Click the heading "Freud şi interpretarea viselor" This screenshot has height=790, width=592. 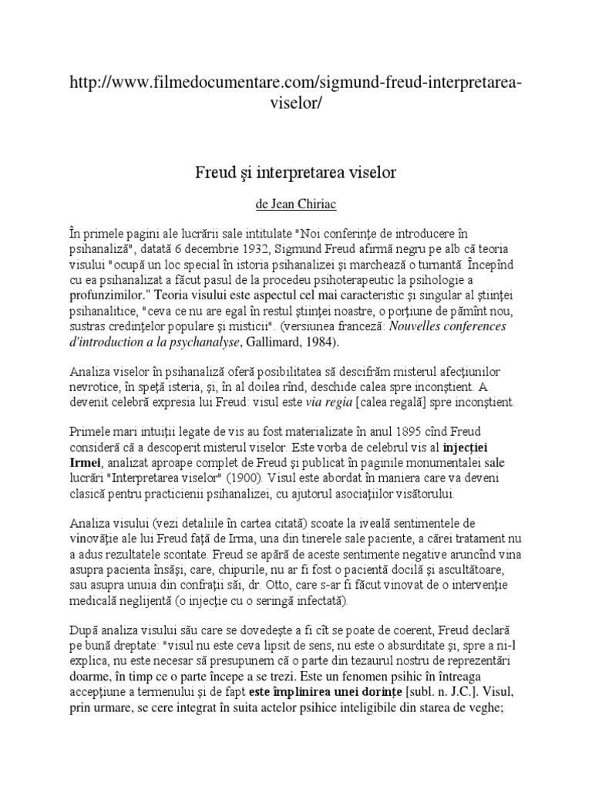tap(295, 172)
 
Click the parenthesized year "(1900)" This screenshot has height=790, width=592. tap(291, 478)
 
